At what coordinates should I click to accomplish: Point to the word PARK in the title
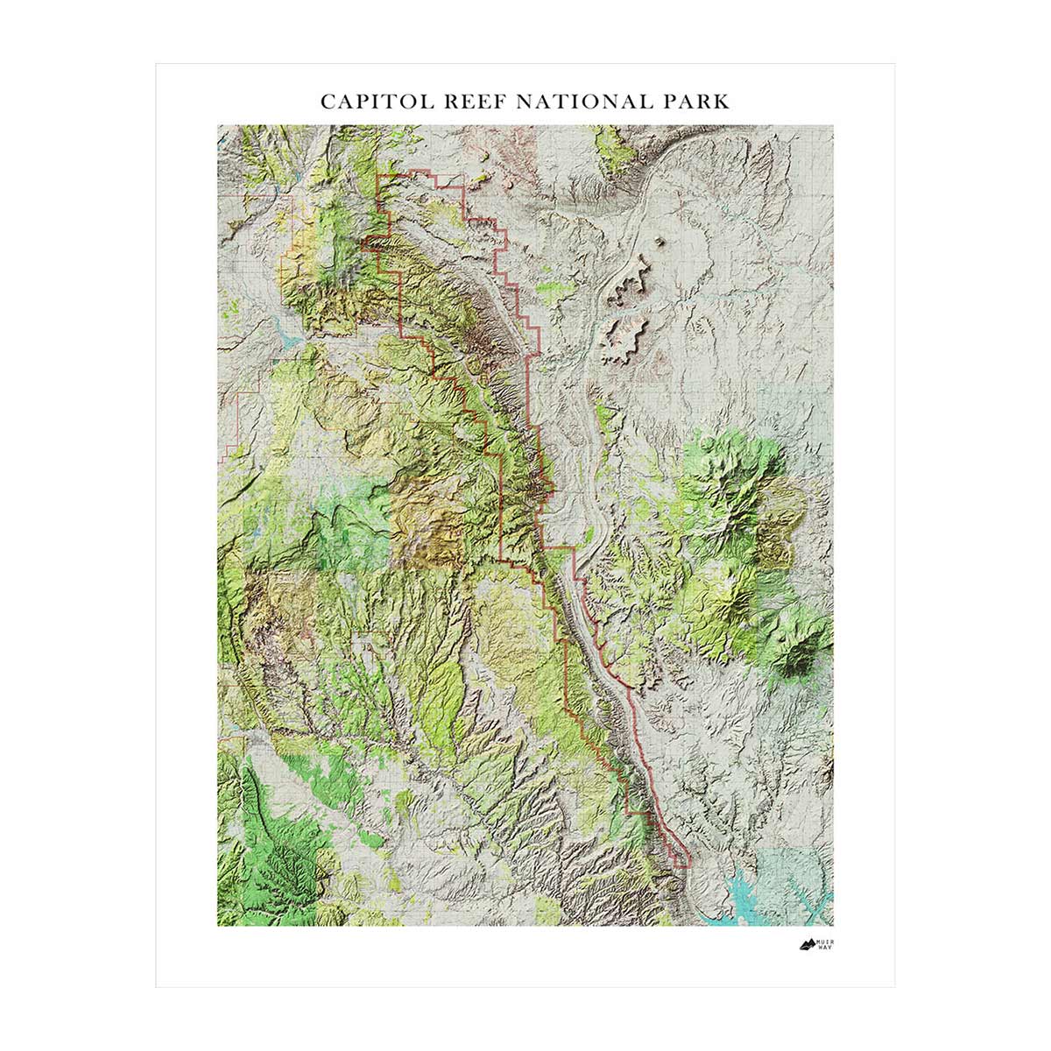(697, 101)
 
